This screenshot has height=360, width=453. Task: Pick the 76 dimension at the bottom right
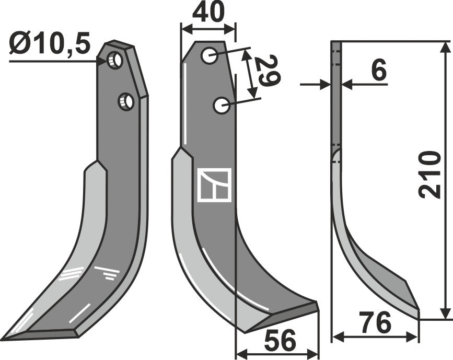(376, 324)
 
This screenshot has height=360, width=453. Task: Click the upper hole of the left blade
(115, 61)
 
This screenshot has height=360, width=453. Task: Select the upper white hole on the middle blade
(210, 55)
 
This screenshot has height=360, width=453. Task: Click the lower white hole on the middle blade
(221, 106)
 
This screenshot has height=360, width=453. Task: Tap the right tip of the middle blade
(317, 306)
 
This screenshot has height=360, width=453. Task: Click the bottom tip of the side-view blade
(417, 312)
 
